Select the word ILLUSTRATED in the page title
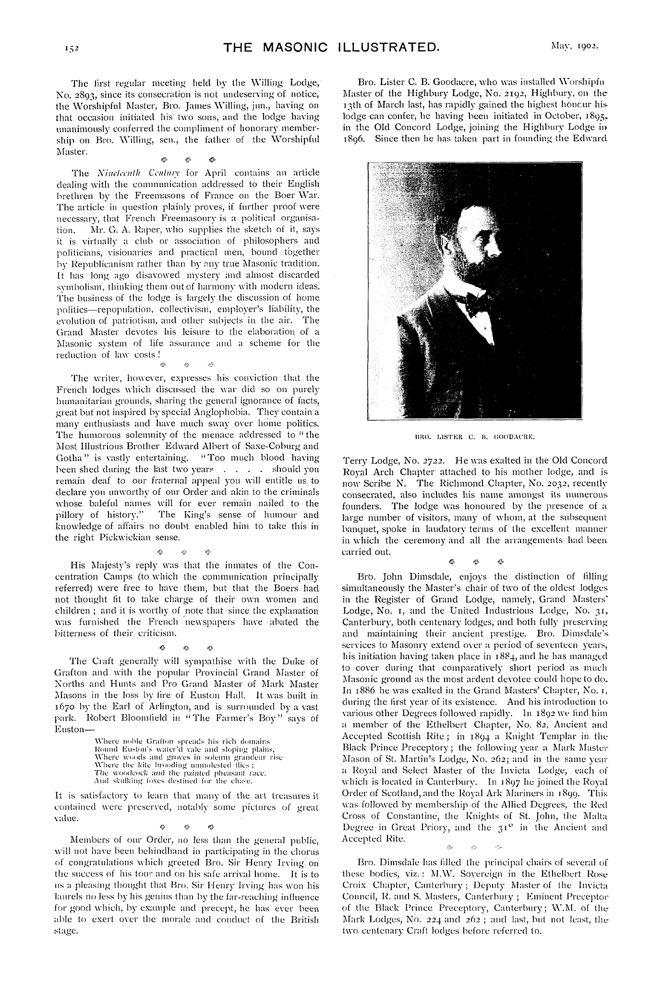click(388, 48)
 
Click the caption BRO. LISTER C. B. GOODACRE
click(474, 438)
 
